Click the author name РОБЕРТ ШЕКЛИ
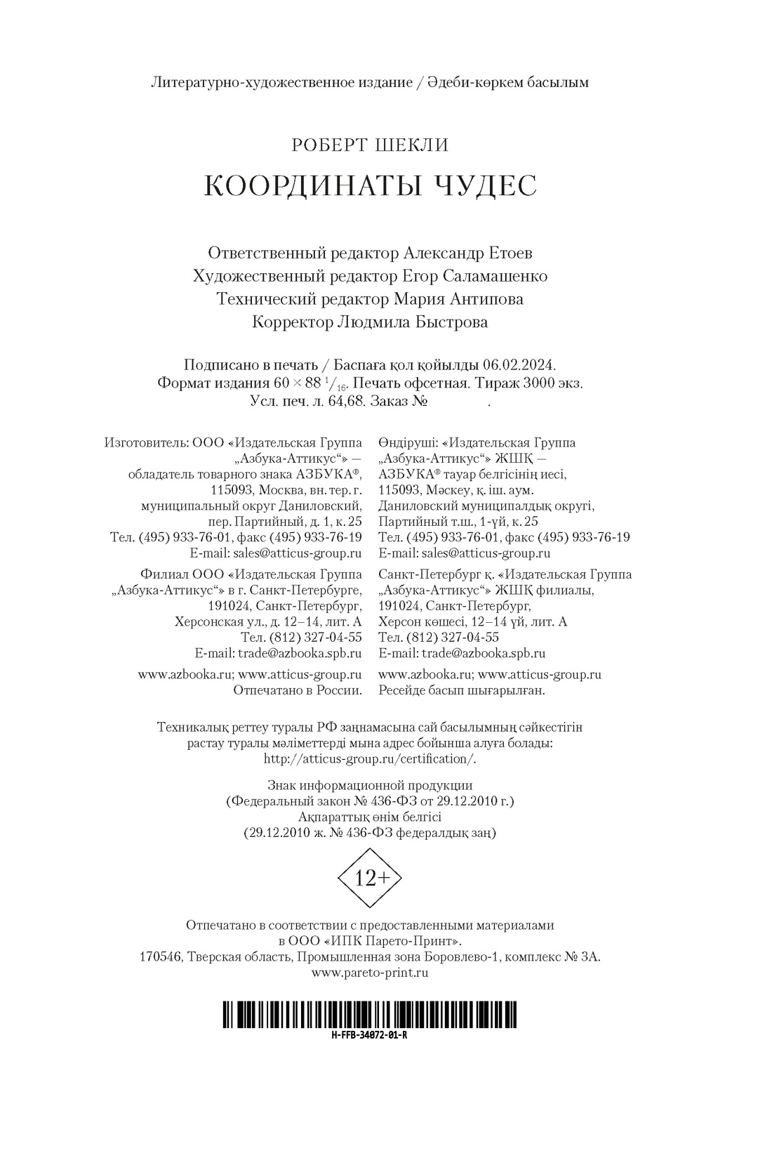point(370,145)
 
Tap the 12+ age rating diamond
point(369,878)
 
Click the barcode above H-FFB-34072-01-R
point(370,1015)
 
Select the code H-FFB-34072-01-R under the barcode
point(370,1035)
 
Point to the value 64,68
point(342,402)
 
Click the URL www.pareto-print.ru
point(370,973)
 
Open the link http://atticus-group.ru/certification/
point(370,759)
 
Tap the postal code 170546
point(161,957)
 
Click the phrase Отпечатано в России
point(297,690)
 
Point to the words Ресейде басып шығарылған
point(461,690)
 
